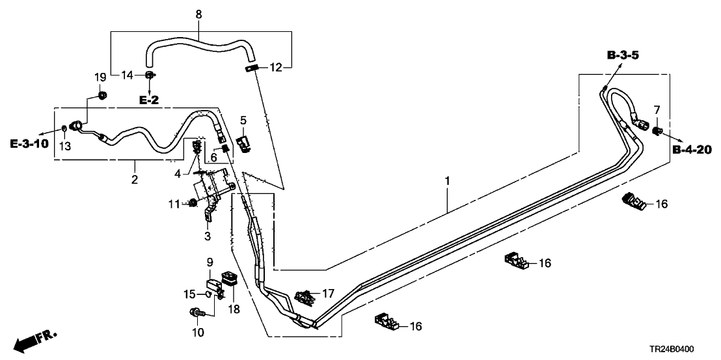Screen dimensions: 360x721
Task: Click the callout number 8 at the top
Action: tap(198, 13)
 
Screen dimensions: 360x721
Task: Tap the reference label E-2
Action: tap(149, 100)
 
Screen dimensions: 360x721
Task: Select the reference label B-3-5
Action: tap(623, 57)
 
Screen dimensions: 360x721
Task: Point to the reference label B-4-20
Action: tap(692, 150)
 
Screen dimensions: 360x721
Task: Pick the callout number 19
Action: tap(100, 77)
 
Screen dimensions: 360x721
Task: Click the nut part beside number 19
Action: tap(102, 97)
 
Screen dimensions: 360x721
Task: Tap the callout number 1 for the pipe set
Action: tap(447, 179)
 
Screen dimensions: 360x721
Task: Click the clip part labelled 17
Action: tap(305, 298)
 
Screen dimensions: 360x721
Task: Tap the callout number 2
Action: tap(135, 179)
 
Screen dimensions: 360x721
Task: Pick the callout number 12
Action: tap(276, 68)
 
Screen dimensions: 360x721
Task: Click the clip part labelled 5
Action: tap(244, 143)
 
